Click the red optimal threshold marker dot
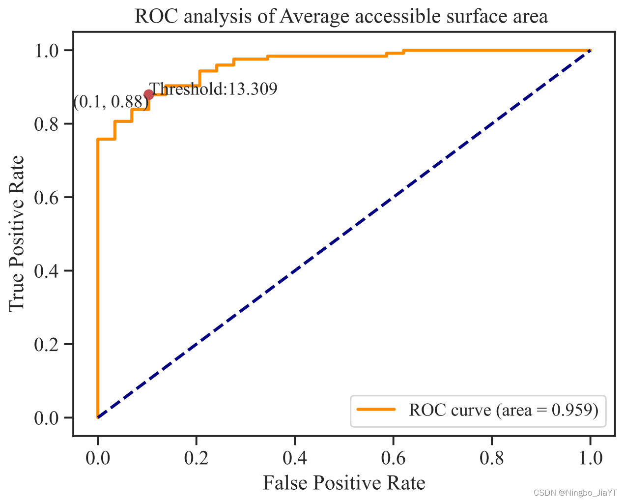click(x=149, y=94)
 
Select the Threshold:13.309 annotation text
click(x=213, y=89)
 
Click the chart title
click(x=341, y=16)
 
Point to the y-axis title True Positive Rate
click(x=16, y=234)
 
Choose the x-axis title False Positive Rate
click(x=344, y=483)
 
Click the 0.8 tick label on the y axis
click(x=46, y=124)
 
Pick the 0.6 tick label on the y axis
click(x=46, y=198)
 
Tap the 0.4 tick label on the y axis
click(x=46, y=271)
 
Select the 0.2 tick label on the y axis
click(x=46, y=345)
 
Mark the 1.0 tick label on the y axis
click(x=46, y=51)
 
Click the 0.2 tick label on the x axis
click(x=197, y=458)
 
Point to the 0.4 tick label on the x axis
click(x=295, y=458)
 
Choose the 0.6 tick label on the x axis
click(x=393, y=458)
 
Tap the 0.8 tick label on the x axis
click(x=491, y=458)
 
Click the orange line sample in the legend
click(x=376, y=410)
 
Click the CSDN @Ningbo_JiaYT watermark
click(x=575, y=493)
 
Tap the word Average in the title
click(x=315, y=17)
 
